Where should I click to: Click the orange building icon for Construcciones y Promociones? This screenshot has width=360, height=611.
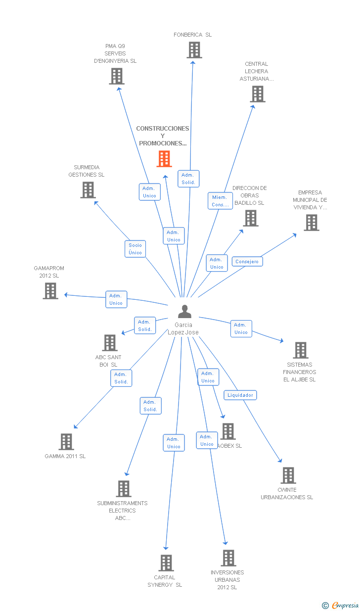tap(164, 159)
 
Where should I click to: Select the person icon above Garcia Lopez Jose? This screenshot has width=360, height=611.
tap(184, 312)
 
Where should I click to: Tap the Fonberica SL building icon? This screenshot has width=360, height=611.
tap(194, 50)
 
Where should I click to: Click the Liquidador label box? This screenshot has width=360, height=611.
tap(240, 395)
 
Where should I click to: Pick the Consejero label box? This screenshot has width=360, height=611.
tap(247, 261)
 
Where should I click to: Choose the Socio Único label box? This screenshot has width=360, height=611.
tap(135, 249)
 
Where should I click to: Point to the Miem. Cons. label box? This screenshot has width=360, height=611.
tap(220, 201)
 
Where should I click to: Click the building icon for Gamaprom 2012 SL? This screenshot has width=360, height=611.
tap(50, 291)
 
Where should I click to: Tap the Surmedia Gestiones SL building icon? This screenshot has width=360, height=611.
tap(88, 190)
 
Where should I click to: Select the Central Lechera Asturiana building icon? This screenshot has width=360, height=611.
tap(257, 94)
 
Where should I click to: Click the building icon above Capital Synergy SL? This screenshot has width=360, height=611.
tap(166, 563)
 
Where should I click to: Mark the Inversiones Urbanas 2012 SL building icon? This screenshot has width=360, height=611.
tap(228, 558)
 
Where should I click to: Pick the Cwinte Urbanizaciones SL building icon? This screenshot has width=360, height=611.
tap(288, 475)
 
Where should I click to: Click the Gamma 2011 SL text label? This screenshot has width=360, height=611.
tap(65, 456)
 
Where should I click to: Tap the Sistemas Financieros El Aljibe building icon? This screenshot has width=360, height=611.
tap(300, 350)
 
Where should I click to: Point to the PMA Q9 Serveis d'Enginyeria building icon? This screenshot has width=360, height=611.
tap(117, 76)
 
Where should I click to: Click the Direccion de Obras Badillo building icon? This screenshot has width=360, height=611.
tap(250, 218)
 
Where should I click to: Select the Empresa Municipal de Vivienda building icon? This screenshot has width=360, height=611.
tap(311, 223)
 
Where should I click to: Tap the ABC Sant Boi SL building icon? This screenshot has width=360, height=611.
tap(109, 343)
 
